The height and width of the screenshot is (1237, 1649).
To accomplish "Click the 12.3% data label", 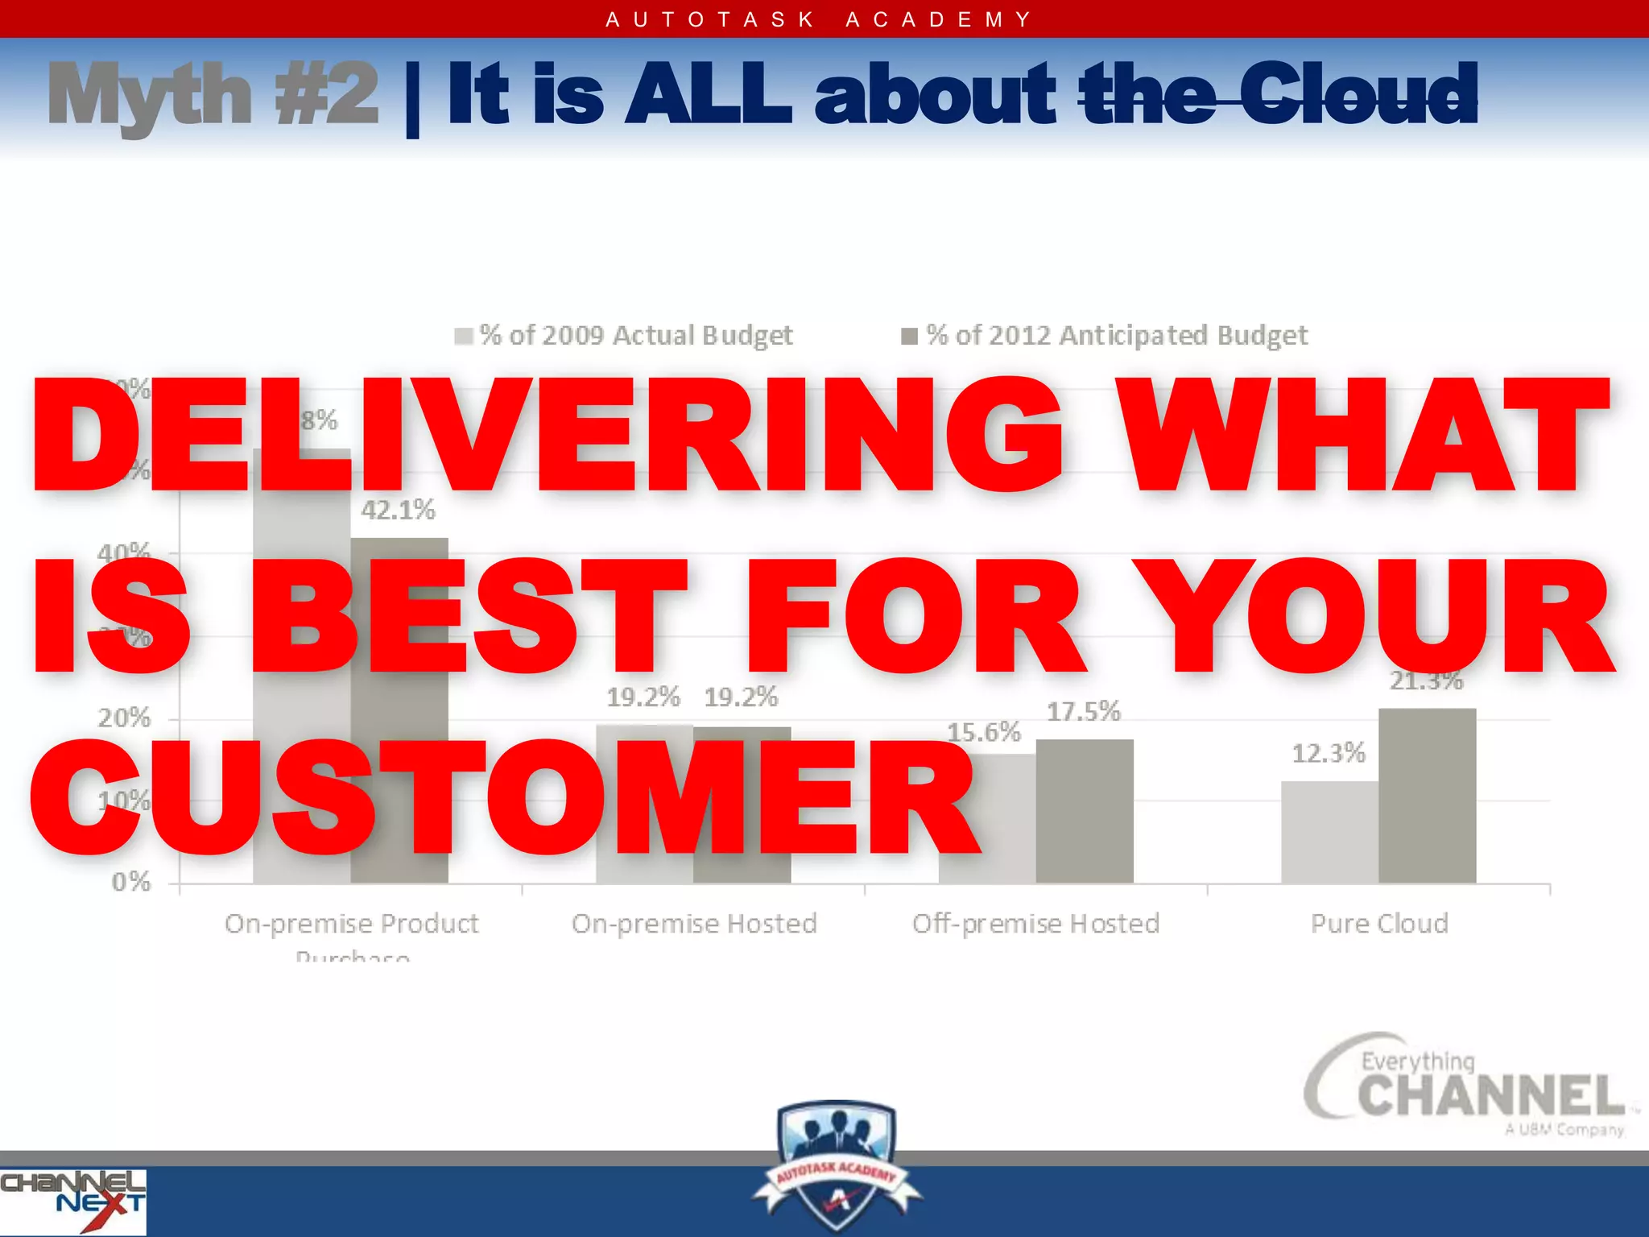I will pos(1329,754).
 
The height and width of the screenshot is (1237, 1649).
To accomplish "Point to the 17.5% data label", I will pos(1083,712).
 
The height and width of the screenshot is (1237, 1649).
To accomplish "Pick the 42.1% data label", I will pos(398,510).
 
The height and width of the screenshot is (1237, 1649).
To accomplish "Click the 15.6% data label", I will pos(983,732).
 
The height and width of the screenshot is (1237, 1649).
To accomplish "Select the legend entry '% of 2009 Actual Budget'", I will pos(625,335).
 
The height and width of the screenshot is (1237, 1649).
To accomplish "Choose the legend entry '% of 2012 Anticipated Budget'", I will pos(1106,335).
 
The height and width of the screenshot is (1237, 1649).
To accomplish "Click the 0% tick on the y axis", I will pos(131,883).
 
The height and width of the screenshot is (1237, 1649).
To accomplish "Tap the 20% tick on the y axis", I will pos(124,718).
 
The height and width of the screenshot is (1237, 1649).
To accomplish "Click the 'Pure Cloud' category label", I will pos(1379,924).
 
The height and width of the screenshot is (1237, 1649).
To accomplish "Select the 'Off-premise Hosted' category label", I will pos(1035,924).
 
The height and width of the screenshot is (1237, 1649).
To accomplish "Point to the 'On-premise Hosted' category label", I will pos(694,924).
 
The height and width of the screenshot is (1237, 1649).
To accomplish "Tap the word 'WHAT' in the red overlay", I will pos(1365,435).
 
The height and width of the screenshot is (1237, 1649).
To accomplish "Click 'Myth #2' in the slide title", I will pos(213,96).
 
